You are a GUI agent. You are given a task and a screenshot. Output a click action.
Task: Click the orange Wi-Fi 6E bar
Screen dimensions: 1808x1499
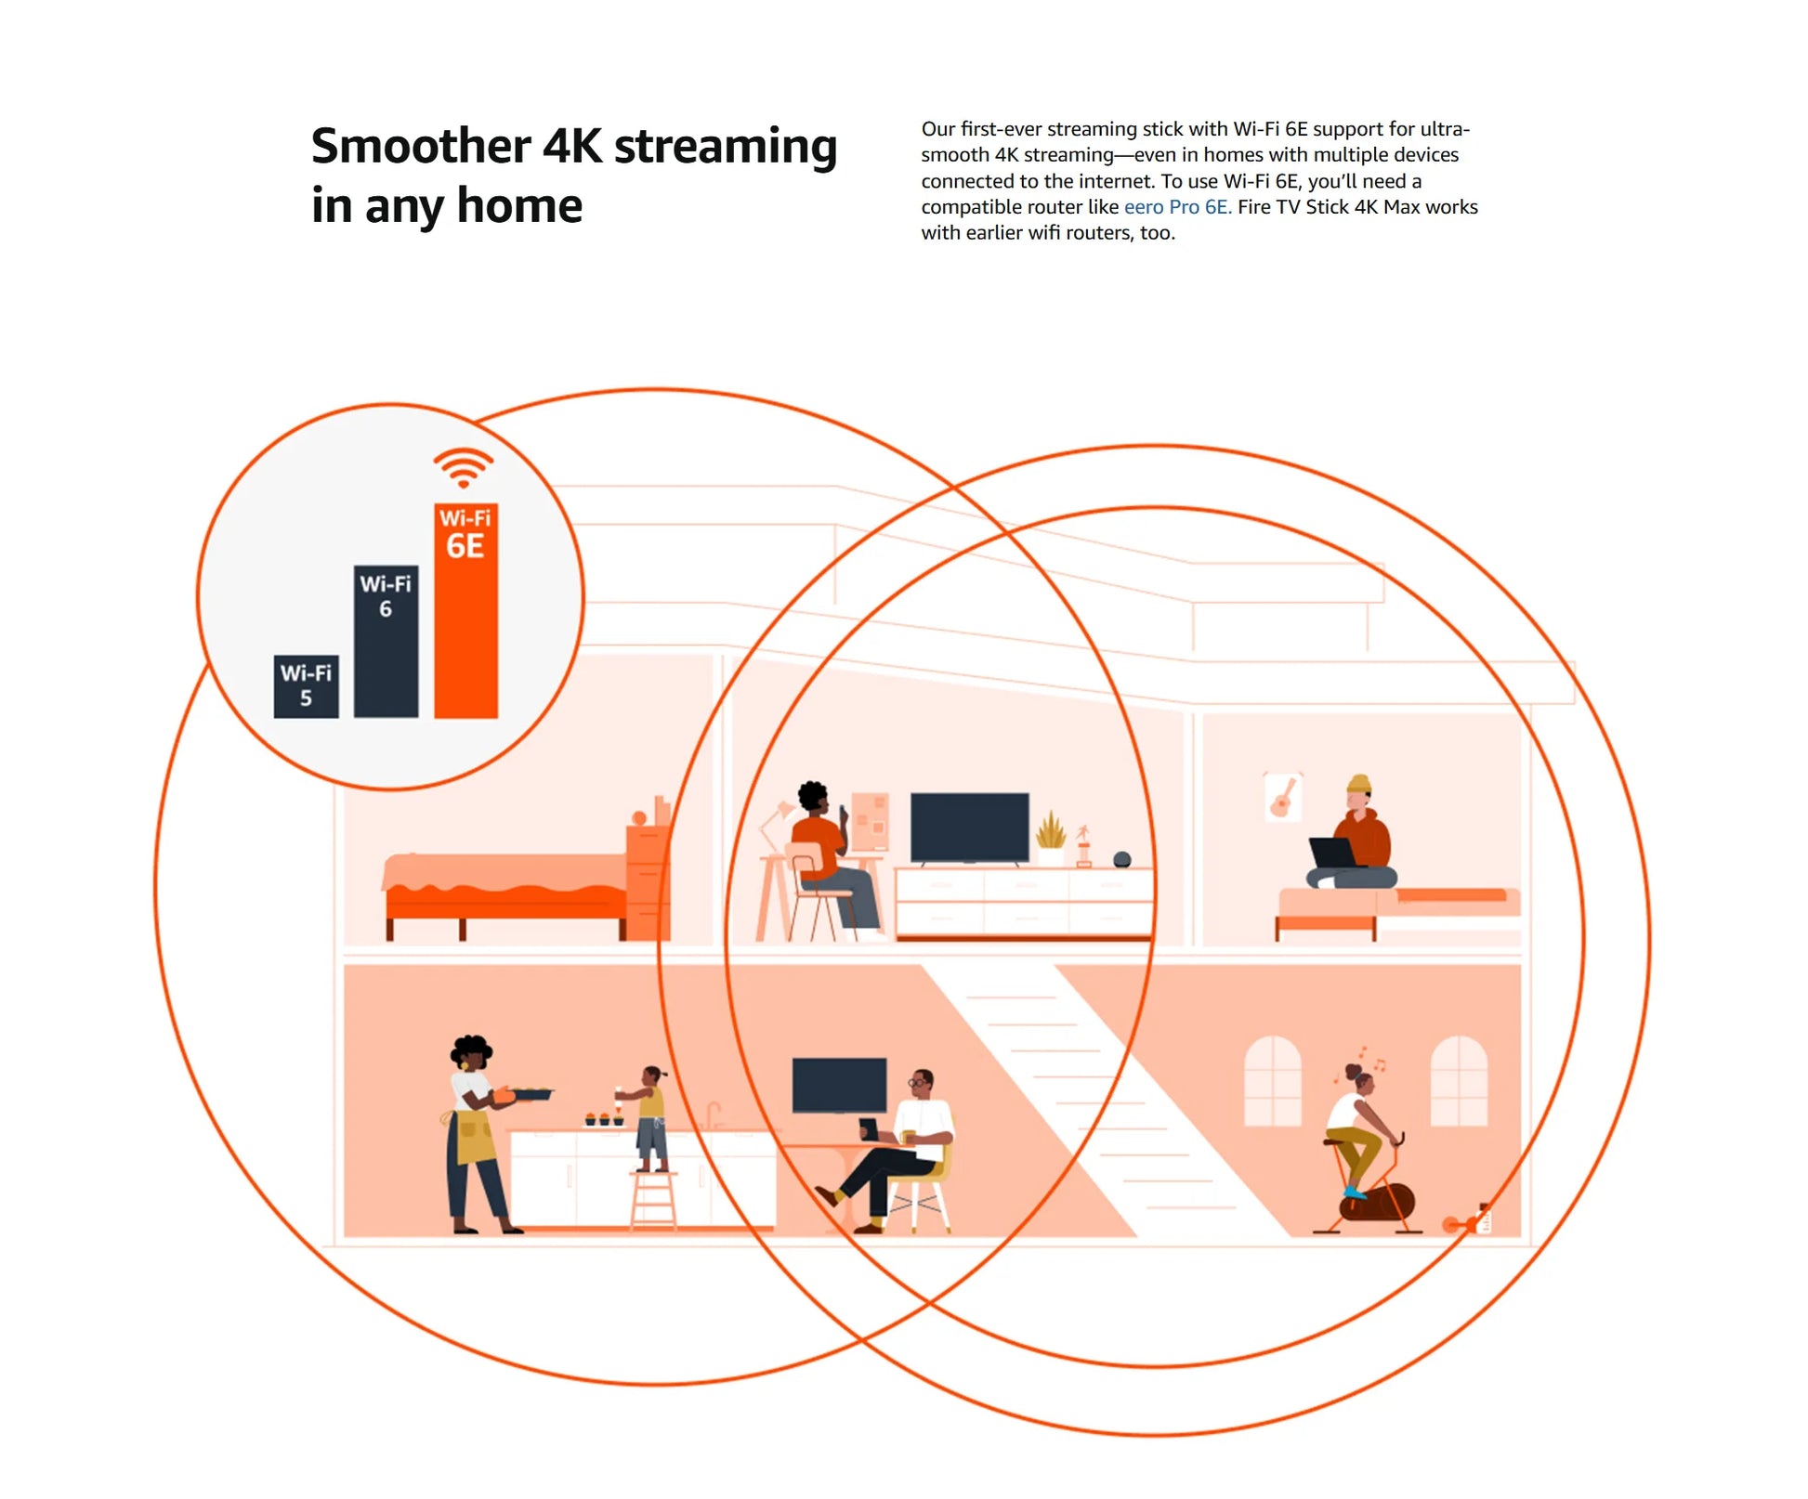465,610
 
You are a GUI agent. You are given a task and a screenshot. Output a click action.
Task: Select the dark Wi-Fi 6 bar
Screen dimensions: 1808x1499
386,642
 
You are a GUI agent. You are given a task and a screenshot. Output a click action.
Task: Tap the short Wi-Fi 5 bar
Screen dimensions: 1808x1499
306,686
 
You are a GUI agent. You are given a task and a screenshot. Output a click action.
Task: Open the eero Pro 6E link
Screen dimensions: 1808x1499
1177,207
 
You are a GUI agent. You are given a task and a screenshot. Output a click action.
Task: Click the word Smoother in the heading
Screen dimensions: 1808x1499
421,147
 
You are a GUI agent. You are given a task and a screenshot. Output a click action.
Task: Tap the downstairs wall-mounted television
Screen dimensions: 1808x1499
839,1085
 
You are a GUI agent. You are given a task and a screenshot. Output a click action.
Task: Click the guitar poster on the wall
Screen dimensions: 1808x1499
1282,797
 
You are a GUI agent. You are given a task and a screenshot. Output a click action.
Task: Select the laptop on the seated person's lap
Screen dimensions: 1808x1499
1334,853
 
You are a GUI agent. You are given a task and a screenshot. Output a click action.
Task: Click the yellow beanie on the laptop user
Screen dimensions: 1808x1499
1359,784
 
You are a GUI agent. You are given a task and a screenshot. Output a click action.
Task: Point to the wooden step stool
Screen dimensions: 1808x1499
653,1201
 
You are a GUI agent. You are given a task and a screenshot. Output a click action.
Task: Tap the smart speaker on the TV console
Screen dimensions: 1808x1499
1122,860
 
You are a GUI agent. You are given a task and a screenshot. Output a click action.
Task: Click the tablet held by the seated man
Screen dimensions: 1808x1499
869,1129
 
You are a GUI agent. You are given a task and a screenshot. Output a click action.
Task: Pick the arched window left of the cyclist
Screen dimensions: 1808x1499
1272,1081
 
